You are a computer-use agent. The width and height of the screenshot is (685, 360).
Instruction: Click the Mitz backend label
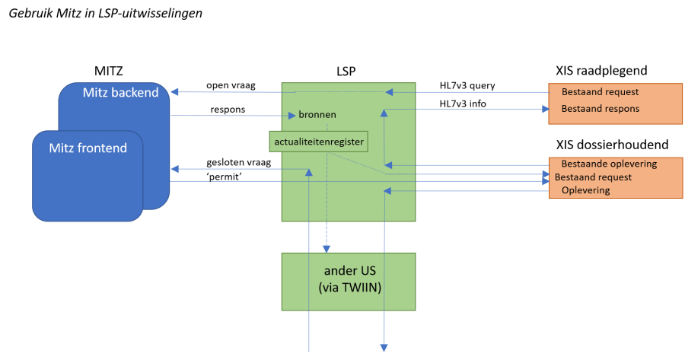[x=120, y=93]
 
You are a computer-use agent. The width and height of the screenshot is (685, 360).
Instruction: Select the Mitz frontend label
[x=88, y=148]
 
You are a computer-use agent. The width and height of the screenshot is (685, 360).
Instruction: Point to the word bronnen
[x=317, y=115]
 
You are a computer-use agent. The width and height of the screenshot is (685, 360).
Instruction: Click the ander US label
[x=349, y=272]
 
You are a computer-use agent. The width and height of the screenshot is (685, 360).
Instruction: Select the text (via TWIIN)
[x=349, y=288]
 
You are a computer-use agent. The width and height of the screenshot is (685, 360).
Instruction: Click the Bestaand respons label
[x=600, y=109]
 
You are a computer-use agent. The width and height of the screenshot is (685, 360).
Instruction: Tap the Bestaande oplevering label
[x=609, y=164]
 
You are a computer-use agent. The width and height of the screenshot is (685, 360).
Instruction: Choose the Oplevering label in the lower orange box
[x=585, y=190]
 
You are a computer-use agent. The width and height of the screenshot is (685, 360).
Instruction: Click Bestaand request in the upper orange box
[x=600, y=92]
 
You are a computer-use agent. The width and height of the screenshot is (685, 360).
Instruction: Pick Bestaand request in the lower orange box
[x=593, y=177]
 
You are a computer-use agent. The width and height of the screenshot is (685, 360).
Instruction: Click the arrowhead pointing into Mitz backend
[x=174, y=92]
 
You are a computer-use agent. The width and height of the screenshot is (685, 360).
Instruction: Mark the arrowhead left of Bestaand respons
[x=545, y=109]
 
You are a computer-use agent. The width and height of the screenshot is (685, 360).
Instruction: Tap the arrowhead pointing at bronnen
[x=292, y=116]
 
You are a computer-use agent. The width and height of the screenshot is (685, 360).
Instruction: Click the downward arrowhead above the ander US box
[x=327, y=247]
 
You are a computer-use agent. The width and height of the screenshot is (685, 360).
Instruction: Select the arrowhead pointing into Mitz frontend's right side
[x=174, y=168]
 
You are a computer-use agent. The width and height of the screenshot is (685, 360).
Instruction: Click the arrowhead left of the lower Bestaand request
[x=545, y=177]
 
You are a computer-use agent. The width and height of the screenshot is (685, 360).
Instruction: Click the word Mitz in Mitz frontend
[x=62, y=148]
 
